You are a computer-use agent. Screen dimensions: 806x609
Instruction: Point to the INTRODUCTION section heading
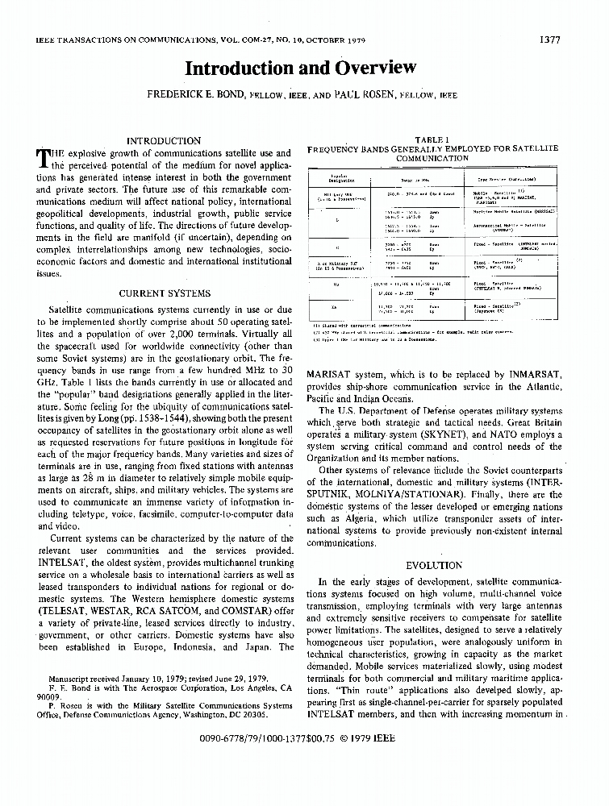[165, 140]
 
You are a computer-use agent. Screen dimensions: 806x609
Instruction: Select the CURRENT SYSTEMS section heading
[165, 293]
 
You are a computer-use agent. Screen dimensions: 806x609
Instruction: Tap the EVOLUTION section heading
[434, 565]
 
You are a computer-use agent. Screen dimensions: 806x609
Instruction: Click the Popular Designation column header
[336, 178]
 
